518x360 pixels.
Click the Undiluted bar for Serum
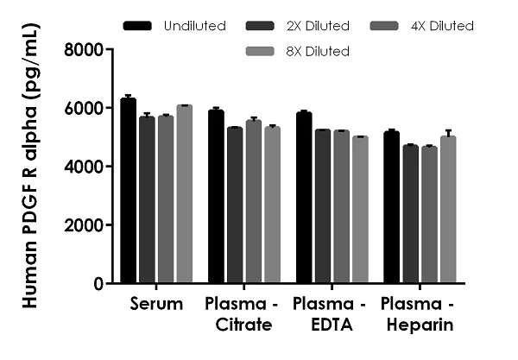click(128, 191)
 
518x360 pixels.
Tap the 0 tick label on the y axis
click(98, 284)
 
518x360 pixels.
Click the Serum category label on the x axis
click(156, 305)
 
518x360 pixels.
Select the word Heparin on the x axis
click(418, 325)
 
